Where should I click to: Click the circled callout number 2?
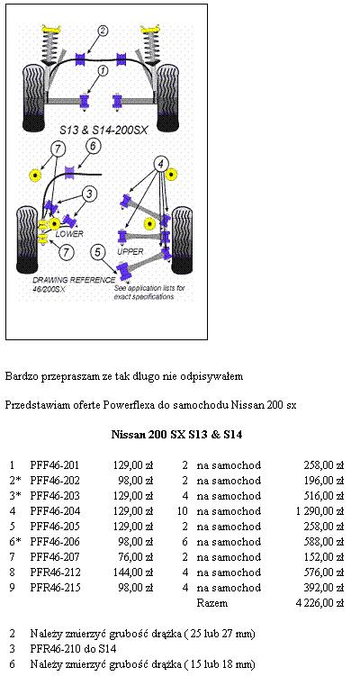point(103,31)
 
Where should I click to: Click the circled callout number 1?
point(103,70)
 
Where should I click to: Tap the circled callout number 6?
point(93,146)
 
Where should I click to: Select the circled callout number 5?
point(98,252)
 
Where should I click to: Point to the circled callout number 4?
point(161,164)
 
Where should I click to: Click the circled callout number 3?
point(89,194)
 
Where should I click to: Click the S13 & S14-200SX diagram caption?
point(103,130)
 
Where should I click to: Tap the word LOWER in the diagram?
point(69,234)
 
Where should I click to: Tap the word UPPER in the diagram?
point(130,251)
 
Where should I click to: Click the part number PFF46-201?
point(55,465)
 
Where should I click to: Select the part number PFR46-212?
point(55,572)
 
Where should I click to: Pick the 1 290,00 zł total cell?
point(319,511)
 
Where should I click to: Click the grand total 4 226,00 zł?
point(319,603)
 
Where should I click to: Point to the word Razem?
point(212,603)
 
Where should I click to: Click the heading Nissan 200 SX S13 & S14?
point(176,435)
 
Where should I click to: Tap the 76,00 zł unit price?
point(135,557)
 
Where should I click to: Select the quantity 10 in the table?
point(183,511)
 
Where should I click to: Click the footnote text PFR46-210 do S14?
point(73,648)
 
